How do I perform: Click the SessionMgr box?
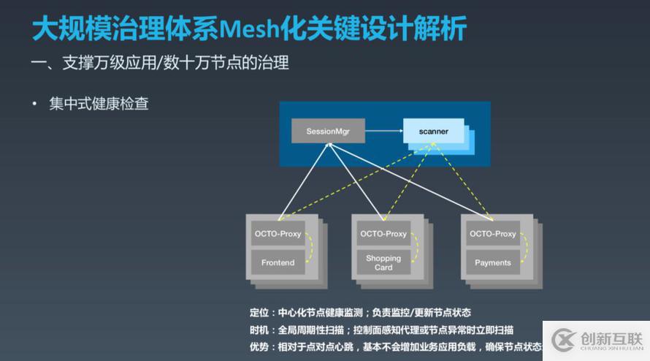pyautogui.click(x=328, y=131)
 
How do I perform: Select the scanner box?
pyautogui.click(x=433, y=132)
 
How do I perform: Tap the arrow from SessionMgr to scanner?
pyautogui.click(x=383, y=132)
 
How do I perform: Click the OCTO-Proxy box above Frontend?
pyautogui.click(x=278, y=234)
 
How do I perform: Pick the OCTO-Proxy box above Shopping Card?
pyautogui.click(x=383, y=234)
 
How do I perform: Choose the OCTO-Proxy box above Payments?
pyautogui.click(x=493, y=234)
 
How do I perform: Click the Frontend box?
pyautogui.click(x=278, y=262)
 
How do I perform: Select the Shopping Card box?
pyautogui.click(x=383, y=262)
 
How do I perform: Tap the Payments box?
pyautogui.click(x=493, y=262)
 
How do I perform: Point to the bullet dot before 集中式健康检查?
pyautogui.click(x=34, y=104)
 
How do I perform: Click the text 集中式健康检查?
pyautogui.click(x=99, y=104)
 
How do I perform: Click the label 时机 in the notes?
pyautogui.click(x=259, y=330)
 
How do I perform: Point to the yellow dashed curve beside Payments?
pyautogui.click(x=527, y=248)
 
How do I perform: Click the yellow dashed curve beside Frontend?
pyautogui.click(x=312, y=248)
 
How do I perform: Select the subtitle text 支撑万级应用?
pyautogui.click(x=107, y=63)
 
